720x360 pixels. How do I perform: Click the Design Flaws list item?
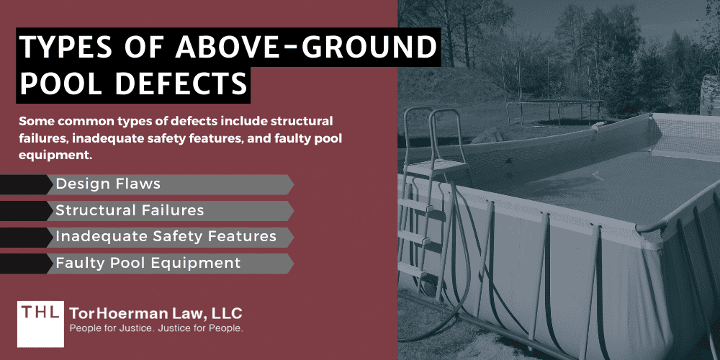click(x=108, y=184)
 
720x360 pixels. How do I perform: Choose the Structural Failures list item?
click(x=130, y=211)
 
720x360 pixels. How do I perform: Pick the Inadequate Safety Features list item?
click(x=166, y=237)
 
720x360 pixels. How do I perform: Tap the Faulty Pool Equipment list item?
click(x=148, y=264)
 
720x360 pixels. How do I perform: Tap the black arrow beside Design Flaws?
click(x=25, y=184)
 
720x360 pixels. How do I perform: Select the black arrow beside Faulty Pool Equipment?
click(x=25, y=264)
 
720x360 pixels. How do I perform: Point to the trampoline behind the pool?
click(x=554, y=108)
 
